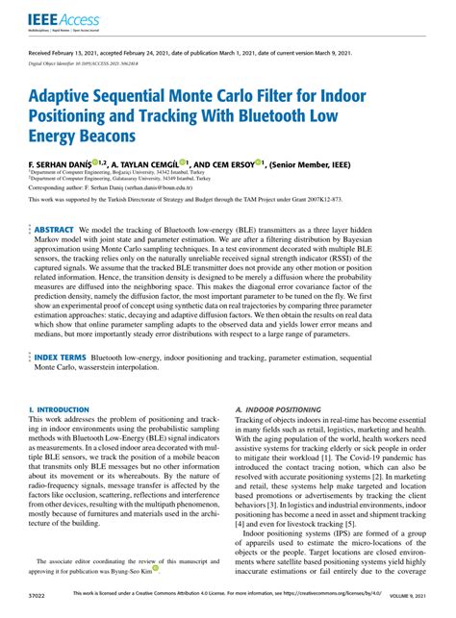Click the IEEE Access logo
tap(56, 19)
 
